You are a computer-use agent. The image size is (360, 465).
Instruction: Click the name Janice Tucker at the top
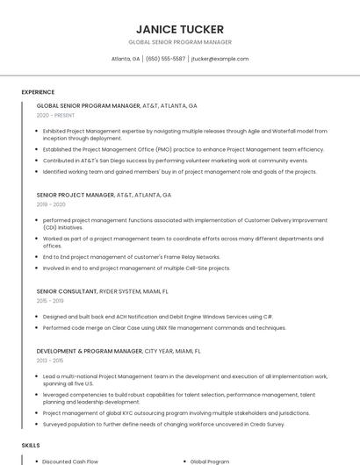[180, 29]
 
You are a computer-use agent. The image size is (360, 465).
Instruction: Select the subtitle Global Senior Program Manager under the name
[180, 42]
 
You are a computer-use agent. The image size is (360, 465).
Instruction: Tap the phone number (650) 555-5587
[166, 59]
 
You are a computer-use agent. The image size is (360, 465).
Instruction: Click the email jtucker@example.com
[220, 59]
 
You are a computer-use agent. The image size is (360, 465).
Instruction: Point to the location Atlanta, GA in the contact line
[126, 59]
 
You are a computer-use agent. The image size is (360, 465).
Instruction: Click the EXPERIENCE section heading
[38, 92]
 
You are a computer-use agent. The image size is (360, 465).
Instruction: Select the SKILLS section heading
[31, 446]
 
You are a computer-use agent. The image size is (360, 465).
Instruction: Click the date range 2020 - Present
[55, 115]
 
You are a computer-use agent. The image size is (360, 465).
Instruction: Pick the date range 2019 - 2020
[51, 204]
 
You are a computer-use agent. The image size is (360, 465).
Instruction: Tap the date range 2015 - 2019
[50, 300]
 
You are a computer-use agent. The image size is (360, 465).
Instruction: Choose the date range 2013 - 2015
[50, 360]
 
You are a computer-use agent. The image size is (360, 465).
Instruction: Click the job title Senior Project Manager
[76, 195]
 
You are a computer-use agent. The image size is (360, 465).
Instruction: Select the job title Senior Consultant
[66, 290]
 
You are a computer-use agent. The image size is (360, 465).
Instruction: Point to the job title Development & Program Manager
[89, 350]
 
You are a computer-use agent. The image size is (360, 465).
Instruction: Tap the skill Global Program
[209, 461]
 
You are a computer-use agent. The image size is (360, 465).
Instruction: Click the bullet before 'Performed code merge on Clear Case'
[38, 327]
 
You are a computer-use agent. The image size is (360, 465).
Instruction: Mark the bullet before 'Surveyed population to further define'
[38, 423]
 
